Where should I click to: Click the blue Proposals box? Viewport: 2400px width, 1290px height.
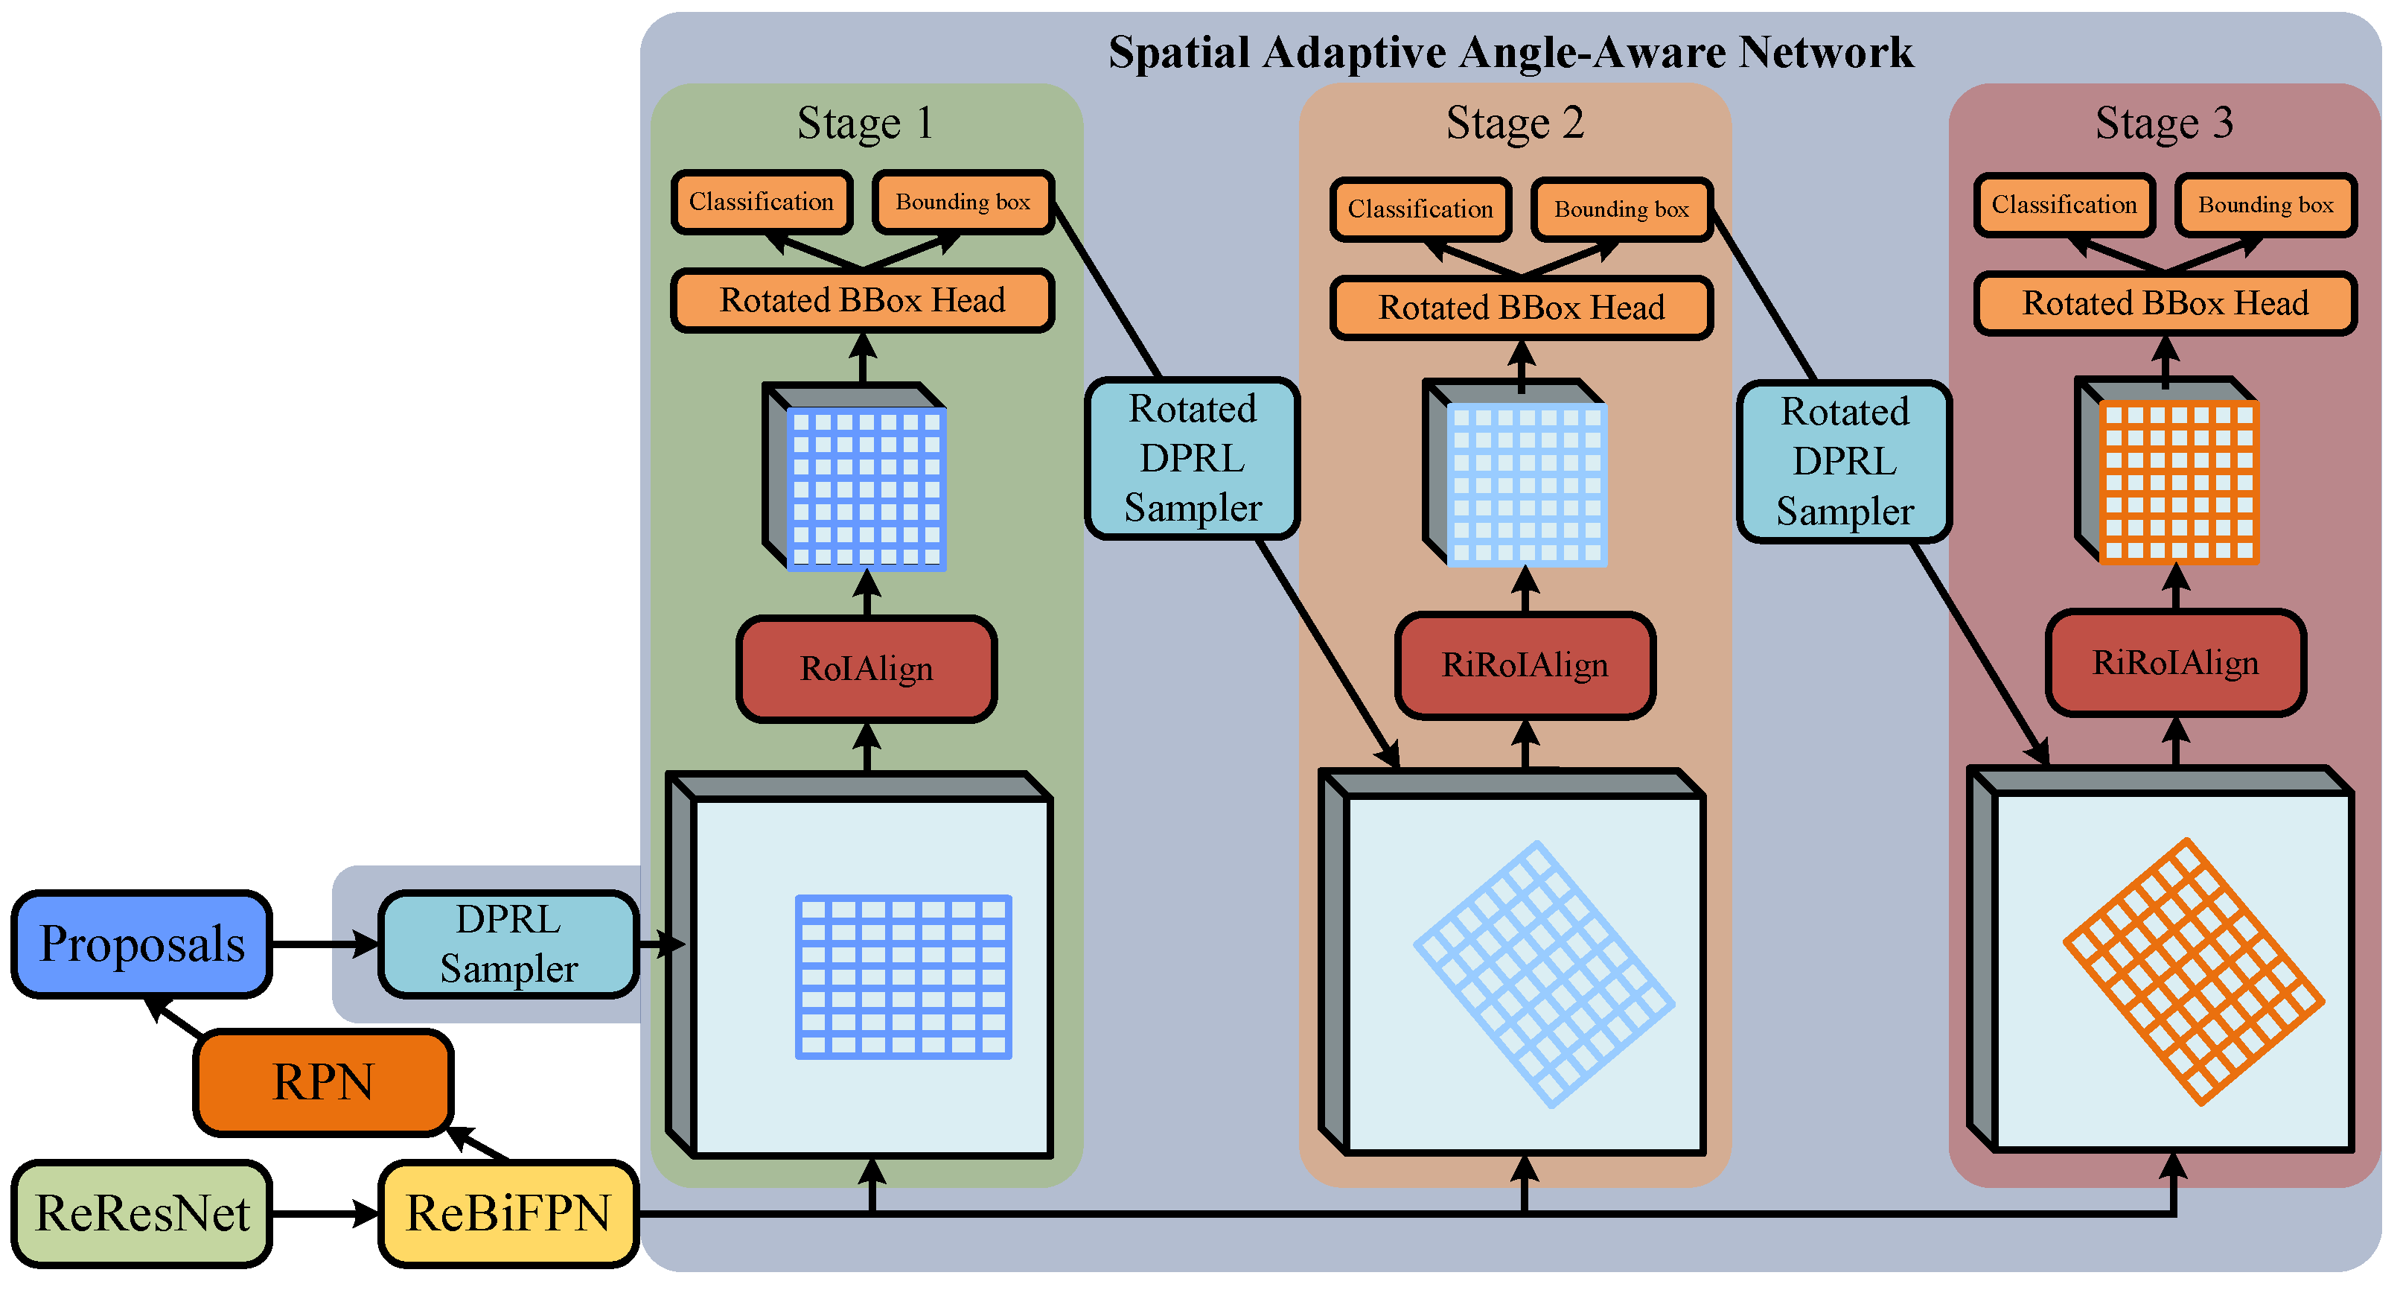click(141, 944)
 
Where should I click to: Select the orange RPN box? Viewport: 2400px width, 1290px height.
click(323, 1082)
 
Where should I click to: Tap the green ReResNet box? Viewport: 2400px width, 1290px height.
click(141, 1213)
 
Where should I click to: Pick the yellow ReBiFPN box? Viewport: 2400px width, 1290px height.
click(508, 1213)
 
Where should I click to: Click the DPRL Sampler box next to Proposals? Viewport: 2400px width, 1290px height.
click(508, 944)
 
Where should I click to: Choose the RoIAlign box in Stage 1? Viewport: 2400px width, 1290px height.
click(867, 668)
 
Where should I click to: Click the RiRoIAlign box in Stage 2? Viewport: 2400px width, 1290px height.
click(1525, 664)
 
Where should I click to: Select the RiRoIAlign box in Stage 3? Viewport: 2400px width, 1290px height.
click(2175, 662)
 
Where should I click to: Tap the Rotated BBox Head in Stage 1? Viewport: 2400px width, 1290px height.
click(863, 300)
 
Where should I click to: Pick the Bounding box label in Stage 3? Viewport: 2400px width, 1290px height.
click(2266, 205)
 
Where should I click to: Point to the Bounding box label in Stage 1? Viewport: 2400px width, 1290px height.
click(963, 203)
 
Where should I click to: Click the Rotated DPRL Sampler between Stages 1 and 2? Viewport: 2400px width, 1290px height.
click(1193, 459)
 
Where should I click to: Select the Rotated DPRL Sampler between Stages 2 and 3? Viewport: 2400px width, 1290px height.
click(1845, 461)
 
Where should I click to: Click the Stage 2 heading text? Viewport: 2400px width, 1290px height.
click(1515, 123)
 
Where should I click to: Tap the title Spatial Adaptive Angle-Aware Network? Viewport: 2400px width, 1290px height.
click(1510, 52)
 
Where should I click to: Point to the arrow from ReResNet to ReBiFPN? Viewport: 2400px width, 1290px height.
click(325, 1213)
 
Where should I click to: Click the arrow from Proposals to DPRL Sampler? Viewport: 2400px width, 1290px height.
click(325, 944)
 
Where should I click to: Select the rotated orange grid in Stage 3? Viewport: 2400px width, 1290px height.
click(2194, 971)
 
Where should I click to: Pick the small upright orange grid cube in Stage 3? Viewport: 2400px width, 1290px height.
click(2166, 470)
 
